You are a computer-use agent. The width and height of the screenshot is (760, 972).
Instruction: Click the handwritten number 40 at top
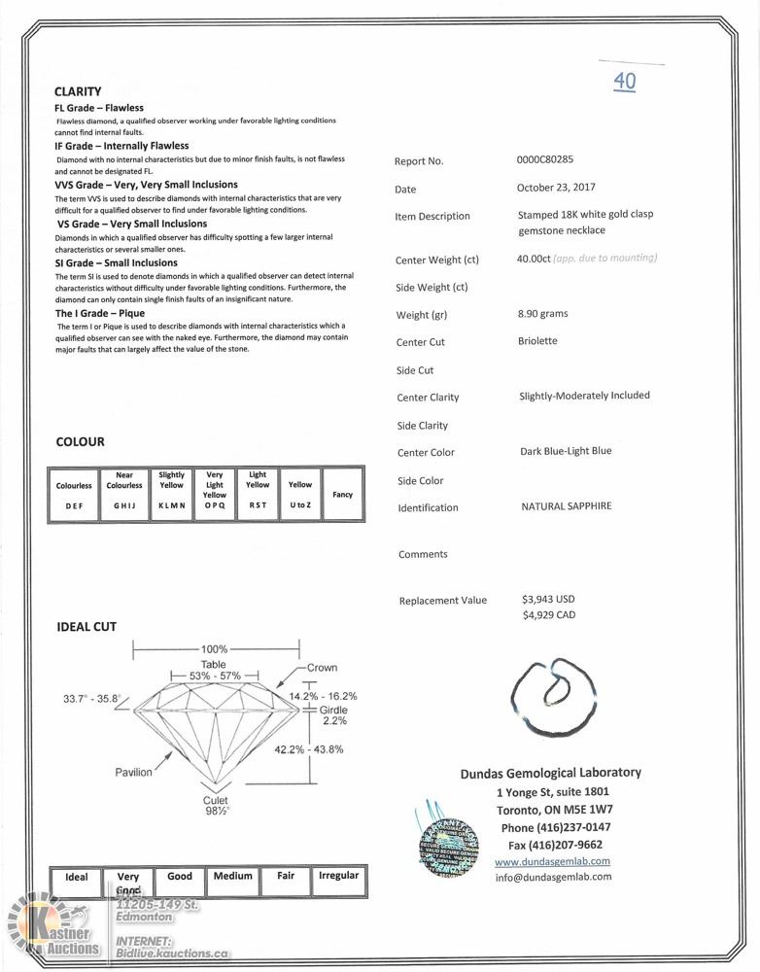[x=625, y=81]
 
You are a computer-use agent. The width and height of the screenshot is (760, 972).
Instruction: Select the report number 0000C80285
[x=551, y=159]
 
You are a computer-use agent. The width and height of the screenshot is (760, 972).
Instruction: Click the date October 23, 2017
[x=556, y=188]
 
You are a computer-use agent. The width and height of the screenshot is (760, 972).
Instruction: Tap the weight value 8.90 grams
[x=543, y=314]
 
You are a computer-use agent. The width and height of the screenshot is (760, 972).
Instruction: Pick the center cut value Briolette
[x=538, y=341]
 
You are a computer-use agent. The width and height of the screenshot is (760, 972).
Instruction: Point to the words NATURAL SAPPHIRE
[x=567, y=506]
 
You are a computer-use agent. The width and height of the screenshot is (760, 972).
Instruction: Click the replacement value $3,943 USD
[x=548, y=599]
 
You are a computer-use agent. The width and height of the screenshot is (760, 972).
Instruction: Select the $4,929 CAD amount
[x=548, y=614]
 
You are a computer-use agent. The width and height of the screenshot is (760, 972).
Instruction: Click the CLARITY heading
[x=78, y=91]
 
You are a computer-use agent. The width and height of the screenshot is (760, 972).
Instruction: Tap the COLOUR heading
[x=81, y=441]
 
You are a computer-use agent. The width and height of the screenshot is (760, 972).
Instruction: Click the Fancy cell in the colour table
[x=342, y=494]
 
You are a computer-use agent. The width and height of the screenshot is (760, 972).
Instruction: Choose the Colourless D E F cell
[x=74, y=495]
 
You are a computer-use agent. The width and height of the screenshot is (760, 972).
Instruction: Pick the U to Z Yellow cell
[x=300, y=494]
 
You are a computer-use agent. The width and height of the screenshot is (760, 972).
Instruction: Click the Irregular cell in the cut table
[x=338, y=876]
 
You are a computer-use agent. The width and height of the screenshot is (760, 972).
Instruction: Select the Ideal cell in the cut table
[x=76, y=877]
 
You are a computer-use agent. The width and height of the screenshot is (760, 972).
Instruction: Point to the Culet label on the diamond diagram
[x=216, y=800]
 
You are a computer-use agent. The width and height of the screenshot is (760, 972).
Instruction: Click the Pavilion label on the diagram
[x=134, y=772]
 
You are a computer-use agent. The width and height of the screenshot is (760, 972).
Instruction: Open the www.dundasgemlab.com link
[x=552, y=861]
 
